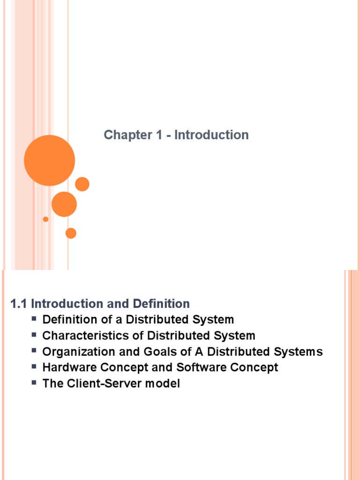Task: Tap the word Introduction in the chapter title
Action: click(211, 135)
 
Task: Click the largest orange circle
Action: click(50, 160)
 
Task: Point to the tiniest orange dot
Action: click(45, 219)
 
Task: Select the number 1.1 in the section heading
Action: click(18, 304)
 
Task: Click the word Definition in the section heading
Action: click(161, 304)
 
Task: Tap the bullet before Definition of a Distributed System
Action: click(34, 318)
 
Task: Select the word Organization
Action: click(79, 352)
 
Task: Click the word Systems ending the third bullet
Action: click(298, 352)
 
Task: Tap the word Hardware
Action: click(70, 367)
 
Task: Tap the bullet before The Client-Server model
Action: click(34, 382)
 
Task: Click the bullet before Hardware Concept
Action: click(34, 366)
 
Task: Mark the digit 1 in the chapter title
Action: click(159, 135)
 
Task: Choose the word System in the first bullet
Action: click(213, 320)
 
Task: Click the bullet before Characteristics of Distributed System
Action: click(34, 334)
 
